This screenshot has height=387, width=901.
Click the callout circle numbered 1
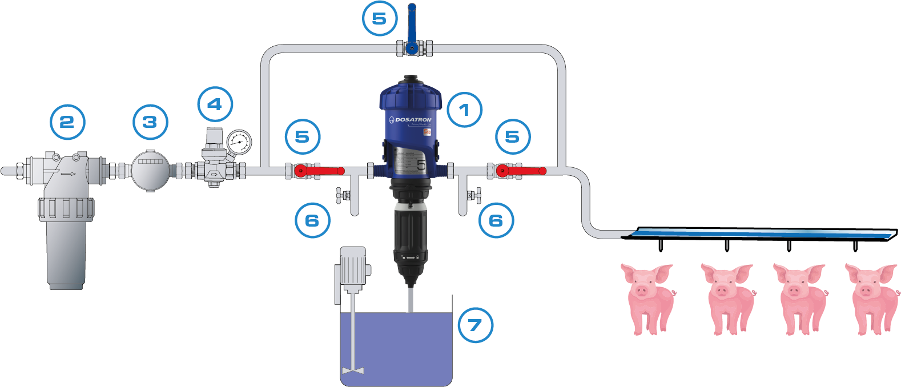pos(464,109)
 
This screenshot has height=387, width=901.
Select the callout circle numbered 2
pos(67,122)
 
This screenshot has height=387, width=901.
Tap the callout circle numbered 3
pos(150,122)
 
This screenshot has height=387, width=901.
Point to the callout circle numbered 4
pos(215,104)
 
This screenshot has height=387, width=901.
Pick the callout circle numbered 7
pos(475,325)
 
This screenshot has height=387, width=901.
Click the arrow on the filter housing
pos(69,174)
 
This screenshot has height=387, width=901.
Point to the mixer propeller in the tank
pos(353,371)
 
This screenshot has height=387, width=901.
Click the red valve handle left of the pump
pos(323,171)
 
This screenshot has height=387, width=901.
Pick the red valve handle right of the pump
pos(524,171)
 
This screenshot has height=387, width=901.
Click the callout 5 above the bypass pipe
pos(379,19)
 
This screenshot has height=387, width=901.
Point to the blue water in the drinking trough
pos(759,232)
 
